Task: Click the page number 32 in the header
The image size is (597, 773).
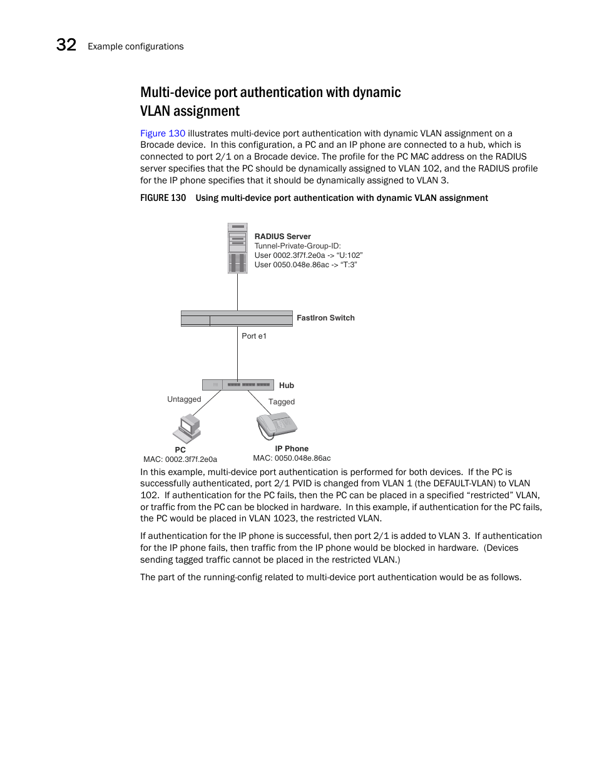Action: point(66,45)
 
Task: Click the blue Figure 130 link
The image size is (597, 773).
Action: point(163,133)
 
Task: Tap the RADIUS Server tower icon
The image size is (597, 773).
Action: point(237,248)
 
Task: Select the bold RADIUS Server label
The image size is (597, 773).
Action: point(282,237)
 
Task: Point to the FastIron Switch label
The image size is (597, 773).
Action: point(325,318)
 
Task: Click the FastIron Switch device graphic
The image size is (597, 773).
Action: point(237,319)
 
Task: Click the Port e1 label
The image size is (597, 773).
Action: point(254,336)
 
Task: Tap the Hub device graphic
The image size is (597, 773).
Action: point(238,384)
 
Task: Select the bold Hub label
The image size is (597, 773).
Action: point(286,386)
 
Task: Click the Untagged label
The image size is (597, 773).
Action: point(184,399)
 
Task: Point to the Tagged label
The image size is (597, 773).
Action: point(282,402)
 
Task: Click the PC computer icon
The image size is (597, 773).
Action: point(186,429)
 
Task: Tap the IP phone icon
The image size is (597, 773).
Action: point(276,426)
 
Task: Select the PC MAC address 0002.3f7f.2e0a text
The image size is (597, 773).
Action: point(191,459)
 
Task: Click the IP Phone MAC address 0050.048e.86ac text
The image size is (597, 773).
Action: point(302,458)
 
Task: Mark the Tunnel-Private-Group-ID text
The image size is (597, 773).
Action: point(297,246)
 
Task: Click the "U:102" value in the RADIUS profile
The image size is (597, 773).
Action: point(349,255)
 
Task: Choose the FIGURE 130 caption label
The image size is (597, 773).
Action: point(163,198)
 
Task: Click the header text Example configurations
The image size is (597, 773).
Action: point(136,46)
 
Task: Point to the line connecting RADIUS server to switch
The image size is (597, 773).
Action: point(237,292)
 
